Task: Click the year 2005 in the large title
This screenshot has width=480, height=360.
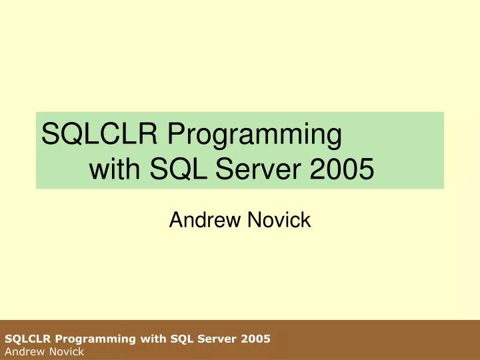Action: click(342, 170)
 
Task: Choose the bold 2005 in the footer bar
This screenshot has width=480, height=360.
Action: click(256, 339)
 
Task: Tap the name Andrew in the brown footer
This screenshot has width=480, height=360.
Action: click(21, 351)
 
